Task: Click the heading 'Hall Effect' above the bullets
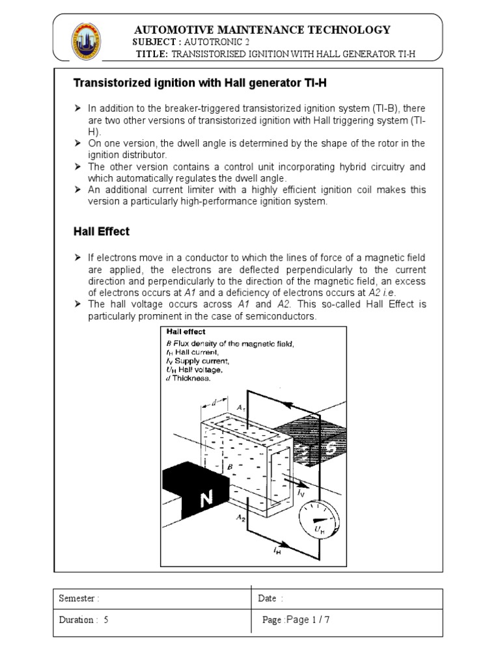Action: [101, 231]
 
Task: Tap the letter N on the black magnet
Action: [206, 499]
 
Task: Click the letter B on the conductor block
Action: [229, 466]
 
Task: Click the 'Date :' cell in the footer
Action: [271, 598]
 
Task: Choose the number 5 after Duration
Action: [105, 620]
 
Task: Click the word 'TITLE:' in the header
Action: [153, 53]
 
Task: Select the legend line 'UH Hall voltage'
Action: [195, 369]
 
